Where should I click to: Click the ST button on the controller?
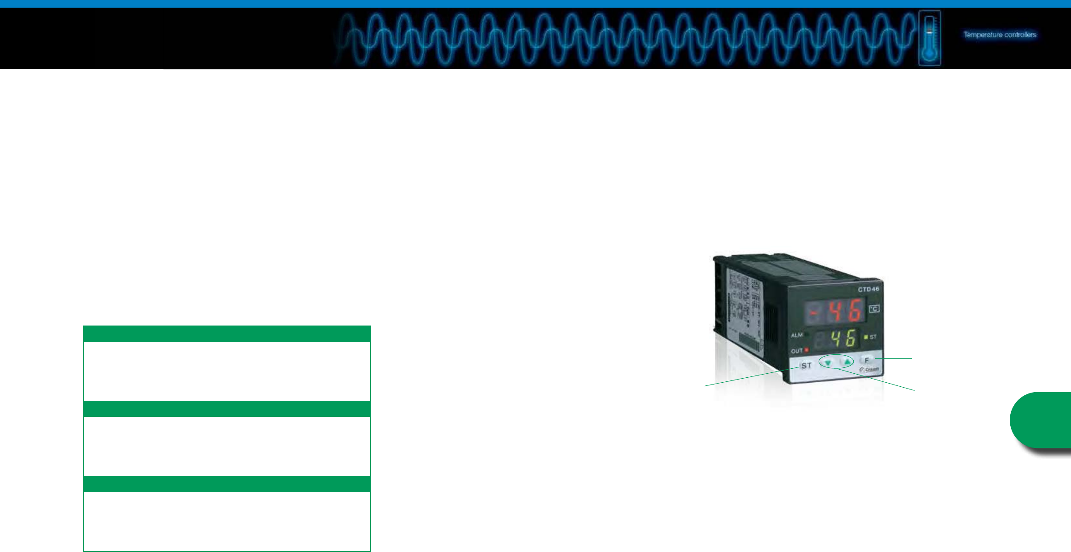click(x=806, y=366)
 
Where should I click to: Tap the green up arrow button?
click(x=847, y=362)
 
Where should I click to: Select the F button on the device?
click(x=866, y=360)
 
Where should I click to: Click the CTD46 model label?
click(x=868, y=289)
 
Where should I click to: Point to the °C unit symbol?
click(x=874, y=309)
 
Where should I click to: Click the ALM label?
click(x=797, y=335)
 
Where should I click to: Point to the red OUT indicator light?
click(x=807, y=350)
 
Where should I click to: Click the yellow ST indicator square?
click(x=866, y=337)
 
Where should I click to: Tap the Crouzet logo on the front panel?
click(x=869, y=370)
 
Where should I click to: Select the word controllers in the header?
click(x=1020, y=35)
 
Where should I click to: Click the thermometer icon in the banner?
click(x=929, y=38)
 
